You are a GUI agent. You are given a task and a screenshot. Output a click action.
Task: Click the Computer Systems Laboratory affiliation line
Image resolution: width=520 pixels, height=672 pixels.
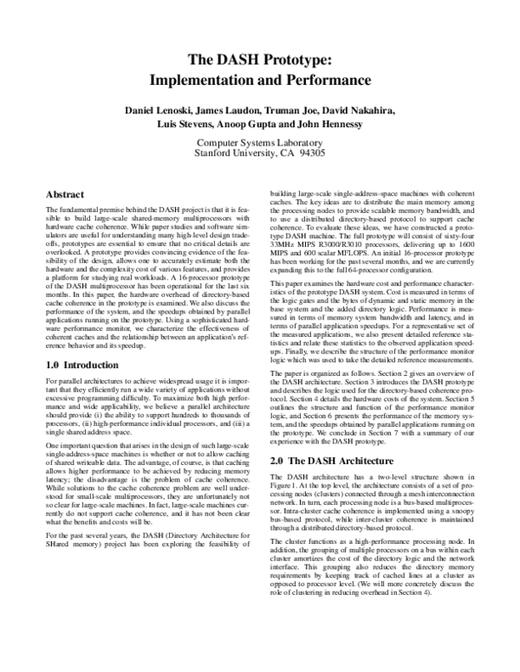pos(261,142)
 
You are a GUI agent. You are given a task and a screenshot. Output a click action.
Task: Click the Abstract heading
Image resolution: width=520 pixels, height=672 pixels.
pos(64,195)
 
